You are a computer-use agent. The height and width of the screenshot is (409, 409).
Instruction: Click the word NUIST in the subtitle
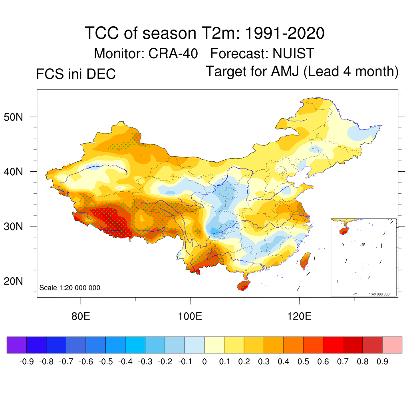tap(293, 53)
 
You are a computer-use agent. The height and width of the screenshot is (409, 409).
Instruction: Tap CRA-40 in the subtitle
tap(175, 53)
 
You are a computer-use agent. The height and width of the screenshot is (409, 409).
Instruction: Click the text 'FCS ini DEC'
tap(76, 74)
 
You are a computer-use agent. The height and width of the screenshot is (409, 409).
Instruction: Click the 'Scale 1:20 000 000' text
tap(70, 288)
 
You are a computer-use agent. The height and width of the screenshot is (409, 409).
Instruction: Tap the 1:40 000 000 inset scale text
tap(381, 294)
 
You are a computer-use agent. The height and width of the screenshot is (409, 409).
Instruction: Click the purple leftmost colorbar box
tap(17, 345)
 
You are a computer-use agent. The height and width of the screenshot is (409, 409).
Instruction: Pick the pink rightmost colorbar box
tap(392, 345)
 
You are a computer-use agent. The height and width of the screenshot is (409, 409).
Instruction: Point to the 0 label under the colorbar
tap(204, 362)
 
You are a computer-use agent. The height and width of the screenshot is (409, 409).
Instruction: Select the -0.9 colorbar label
tap(26, 362)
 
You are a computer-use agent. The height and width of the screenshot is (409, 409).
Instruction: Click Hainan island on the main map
tap(243, 285)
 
